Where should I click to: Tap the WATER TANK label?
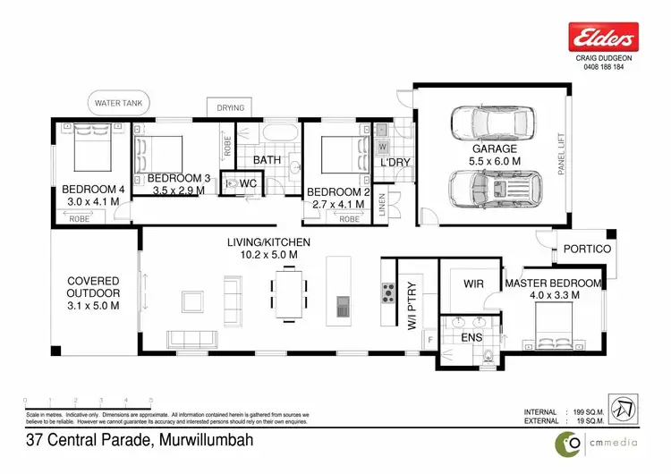(121, 104)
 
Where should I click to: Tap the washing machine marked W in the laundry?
(383, 146)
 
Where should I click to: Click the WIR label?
(473, 284)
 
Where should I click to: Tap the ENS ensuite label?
(469, 340)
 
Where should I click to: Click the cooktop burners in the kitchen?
(389, 292)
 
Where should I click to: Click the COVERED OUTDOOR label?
(94, 292)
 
